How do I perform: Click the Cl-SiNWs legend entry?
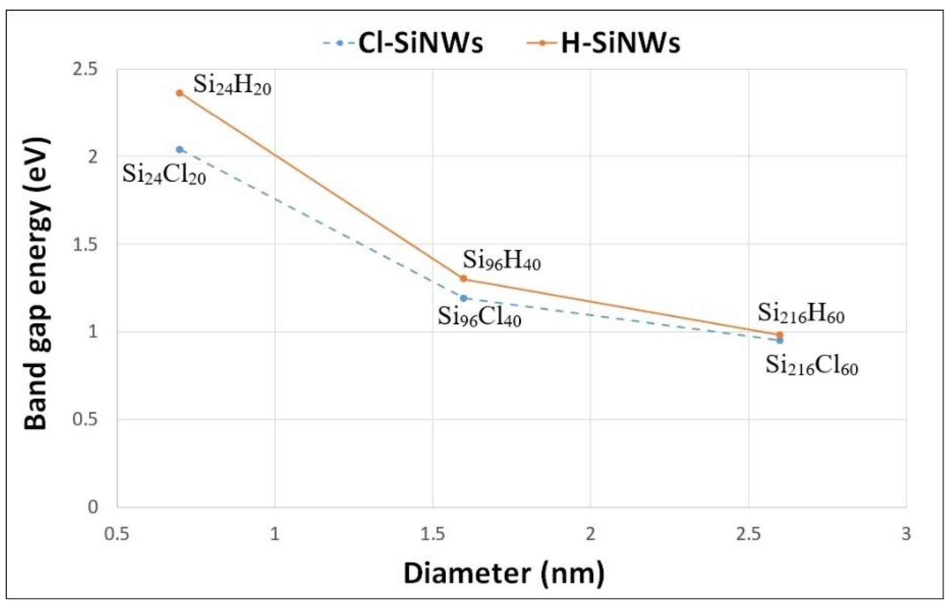point(403,43)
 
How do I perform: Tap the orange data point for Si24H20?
point(180,93)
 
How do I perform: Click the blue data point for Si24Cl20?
point(180,150)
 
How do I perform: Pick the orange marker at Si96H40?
point(463,279)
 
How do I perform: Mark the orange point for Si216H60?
point(779,335)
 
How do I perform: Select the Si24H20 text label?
point(232,86)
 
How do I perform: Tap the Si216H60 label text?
point(800,314)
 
